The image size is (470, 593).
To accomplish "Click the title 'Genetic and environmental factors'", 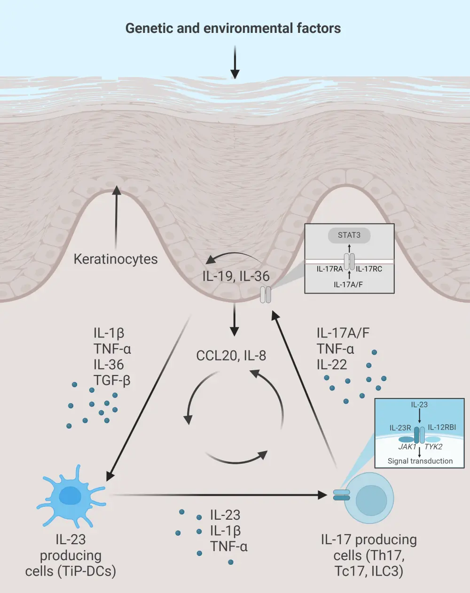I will (x=233, y=28).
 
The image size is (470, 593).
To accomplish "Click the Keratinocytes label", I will (x=116, y=259).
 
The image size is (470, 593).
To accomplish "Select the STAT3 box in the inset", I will (x=349, y=235).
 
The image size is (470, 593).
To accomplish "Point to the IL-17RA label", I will (x=329, y=269).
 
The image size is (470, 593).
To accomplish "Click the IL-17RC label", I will (x=369, y=269).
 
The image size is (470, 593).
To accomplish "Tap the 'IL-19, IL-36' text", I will (x=236, y=276).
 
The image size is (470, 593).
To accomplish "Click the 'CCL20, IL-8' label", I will (x=231, y=356).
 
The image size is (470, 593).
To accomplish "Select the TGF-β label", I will (x=112, y=380).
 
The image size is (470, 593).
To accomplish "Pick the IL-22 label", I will (x=332, y=365).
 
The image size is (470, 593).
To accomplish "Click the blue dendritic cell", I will (x=70, y=498).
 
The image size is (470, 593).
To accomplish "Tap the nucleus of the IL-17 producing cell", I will (x=371, y=500).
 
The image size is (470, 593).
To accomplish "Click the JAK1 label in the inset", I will (x=407, y=447).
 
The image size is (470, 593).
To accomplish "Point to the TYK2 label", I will (x=433, y=447).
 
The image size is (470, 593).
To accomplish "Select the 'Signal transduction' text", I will (x=420, y=461).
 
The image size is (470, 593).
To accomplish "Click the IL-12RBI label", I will (x=442, y=428).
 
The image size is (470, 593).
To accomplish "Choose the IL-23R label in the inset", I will (x=400, y=428).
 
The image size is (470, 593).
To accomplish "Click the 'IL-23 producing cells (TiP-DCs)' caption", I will (x=70, y=555).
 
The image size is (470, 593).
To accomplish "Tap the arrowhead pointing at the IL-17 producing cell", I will (x=322, y=495).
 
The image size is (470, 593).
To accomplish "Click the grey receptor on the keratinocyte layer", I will (x=266, y=295).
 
